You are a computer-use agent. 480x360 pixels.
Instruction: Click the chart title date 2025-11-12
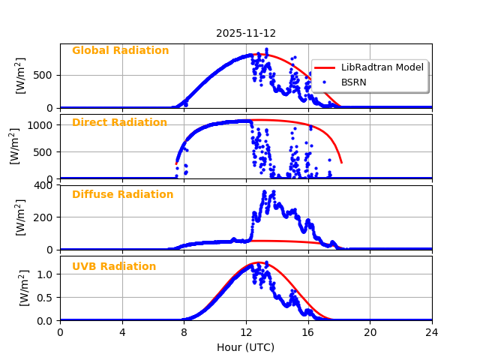(246, 33)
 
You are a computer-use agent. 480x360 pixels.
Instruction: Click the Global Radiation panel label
(120, 51)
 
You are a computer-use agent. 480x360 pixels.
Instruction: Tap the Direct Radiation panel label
(119, 123)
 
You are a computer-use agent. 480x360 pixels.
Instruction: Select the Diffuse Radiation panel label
(122, 195)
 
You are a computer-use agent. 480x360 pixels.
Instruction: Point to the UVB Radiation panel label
(114, 267)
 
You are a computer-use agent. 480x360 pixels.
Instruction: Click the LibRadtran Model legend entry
(382, 67)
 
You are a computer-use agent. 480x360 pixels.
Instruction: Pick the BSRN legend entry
(353, 82)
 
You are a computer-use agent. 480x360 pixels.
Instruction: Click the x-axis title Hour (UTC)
(245, 347)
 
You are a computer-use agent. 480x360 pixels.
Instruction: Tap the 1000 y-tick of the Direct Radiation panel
(42, 125)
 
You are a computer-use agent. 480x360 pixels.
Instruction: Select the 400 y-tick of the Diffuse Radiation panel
(45, 184)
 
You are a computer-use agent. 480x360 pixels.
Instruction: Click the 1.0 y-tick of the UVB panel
(46, 274)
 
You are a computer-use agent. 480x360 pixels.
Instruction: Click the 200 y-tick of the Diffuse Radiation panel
(45, 217)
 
